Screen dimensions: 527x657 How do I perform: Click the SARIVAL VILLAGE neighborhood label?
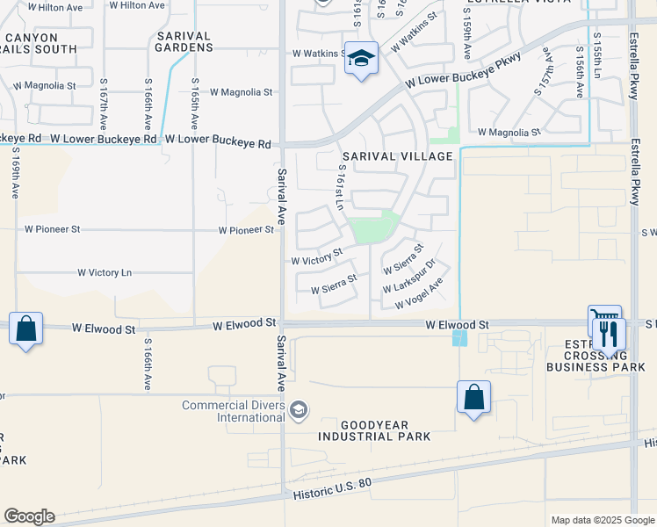(397, 156)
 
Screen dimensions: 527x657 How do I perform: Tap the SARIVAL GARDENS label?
(184, 41)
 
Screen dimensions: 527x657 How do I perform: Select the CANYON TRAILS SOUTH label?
(42, 44)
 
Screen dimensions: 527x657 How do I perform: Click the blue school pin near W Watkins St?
(360, 59)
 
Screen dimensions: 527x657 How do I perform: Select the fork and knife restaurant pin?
(608, 334)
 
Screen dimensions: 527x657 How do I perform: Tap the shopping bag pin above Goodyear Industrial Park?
(473, 397)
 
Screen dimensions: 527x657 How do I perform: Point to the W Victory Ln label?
(105, 273)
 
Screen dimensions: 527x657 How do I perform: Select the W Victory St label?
(317, 257)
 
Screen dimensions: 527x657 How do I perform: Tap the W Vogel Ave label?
(418, 293)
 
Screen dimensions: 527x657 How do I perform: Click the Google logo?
(29, 516)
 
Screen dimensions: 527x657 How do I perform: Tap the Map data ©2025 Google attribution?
(602, 520)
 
